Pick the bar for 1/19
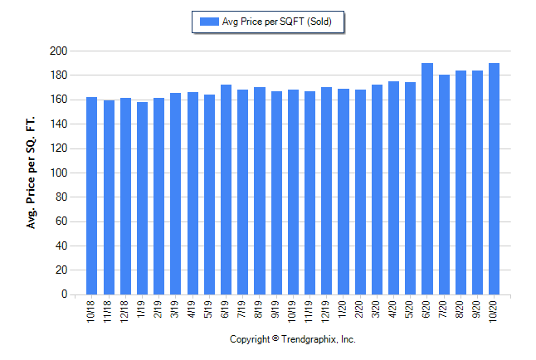coord(142,198)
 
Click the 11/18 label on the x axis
coord(109,312)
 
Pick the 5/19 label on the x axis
coord(209,310)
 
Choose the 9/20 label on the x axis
coord(478,310)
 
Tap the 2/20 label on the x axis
coord(360,310)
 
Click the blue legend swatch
coord(206,22)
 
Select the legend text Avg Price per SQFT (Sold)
coord(278,22)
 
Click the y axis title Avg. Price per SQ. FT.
coord(32,173)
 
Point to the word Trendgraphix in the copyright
coord(308,340)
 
